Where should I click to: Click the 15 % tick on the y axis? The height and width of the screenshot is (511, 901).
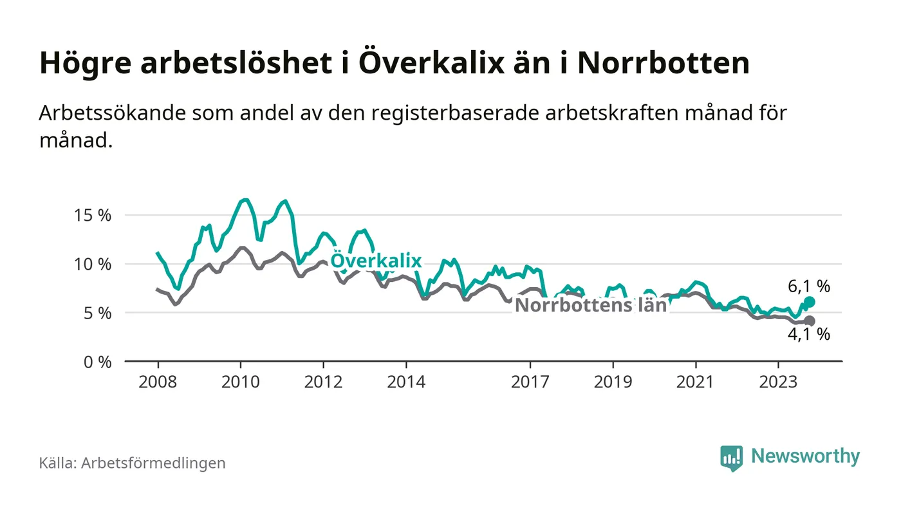[94, 216]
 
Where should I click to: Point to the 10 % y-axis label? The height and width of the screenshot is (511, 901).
[94, 265]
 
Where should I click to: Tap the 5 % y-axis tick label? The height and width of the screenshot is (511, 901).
[98, 313]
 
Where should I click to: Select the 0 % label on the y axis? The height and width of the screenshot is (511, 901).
[98, 362]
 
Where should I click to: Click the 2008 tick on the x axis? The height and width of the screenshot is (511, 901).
[158, 382]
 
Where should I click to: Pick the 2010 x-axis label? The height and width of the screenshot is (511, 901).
[241, 382]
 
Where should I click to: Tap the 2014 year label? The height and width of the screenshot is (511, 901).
[406, 382]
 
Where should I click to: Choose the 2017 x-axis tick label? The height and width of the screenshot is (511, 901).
[530, 382]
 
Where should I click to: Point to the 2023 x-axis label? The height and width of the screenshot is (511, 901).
[779, 382]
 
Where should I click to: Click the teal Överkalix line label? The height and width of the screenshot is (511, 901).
[376, 261]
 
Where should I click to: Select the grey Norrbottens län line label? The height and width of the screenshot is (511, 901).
[591, 305]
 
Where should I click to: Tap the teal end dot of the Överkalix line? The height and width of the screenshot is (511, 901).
[810, 302]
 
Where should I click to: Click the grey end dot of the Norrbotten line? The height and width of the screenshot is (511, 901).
[810, 321]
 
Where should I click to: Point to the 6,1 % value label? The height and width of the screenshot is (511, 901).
[809, 285]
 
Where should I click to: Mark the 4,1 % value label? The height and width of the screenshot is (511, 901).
[809, 335]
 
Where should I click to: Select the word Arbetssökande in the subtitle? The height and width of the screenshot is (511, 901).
[111, 113]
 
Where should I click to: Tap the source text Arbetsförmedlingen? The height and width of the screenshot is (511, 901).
[153, 463]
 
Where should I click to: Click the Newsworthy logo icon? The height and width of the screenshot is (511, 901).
[731, 458]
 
